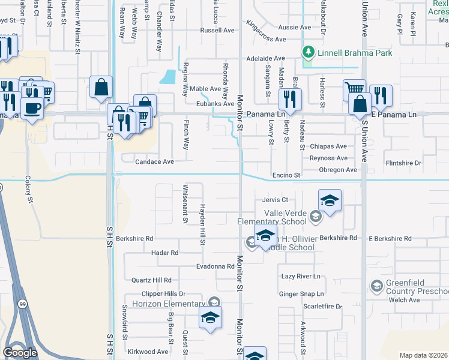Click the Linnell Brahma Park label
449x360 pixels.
[355, 53]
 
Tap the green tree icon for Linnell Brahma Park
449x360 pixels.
[309, 52]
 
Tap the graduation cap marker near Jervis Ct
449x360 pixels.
[330, 200]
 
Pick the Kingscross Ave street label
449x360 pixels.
[266, 39]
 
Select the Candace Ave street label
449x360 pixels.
[154, 162]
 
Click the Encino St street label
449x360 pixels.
[286, 175]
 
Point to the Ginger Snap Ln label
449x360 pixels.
[303, 294]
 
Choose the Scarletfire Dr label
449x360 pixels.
[322, 306]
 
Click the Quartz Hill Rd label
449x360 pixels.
[151, 280]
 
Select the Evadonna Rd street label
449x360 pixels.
[214, 266]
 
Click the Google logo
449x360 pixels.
[20, 353]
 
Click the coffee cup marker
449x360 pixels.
[32, 109]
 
